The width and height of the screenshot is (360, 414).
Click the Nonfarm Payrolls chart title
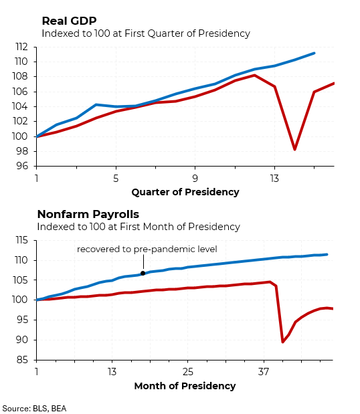click(88, 214)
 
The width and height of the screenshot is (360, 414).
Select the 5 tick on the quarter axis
click(116, 179)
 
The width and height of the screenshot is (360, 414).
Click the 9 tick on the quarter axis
click(195, 179)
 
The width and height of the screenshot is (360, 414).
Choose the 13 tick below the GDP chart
click(274, 179)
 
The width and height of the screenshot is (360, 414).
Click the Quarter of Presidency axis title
click(185, 192)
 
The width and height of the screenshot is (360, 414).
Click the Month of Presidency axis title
click(185, 386)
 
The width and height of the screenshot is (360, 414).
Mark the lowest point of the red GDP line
click(294, 149)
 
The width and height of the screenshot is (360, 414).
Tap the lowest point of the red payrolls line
click(283, 342)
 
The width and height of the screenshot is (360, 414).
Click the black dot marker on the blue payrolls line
click(143, 274)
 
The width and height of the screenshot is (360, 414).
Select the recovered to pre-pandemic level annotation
click(147, 249)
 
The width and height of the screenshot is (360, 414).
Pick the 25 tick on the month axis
click(188, 373)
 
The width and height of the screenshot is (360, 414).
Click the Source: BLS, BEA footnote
click(34, 408)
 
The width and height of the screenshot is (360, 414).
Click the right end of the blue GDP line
click(314, 53)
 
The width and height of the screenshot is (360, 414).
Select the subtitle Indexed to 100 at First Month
click(139, 227)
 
